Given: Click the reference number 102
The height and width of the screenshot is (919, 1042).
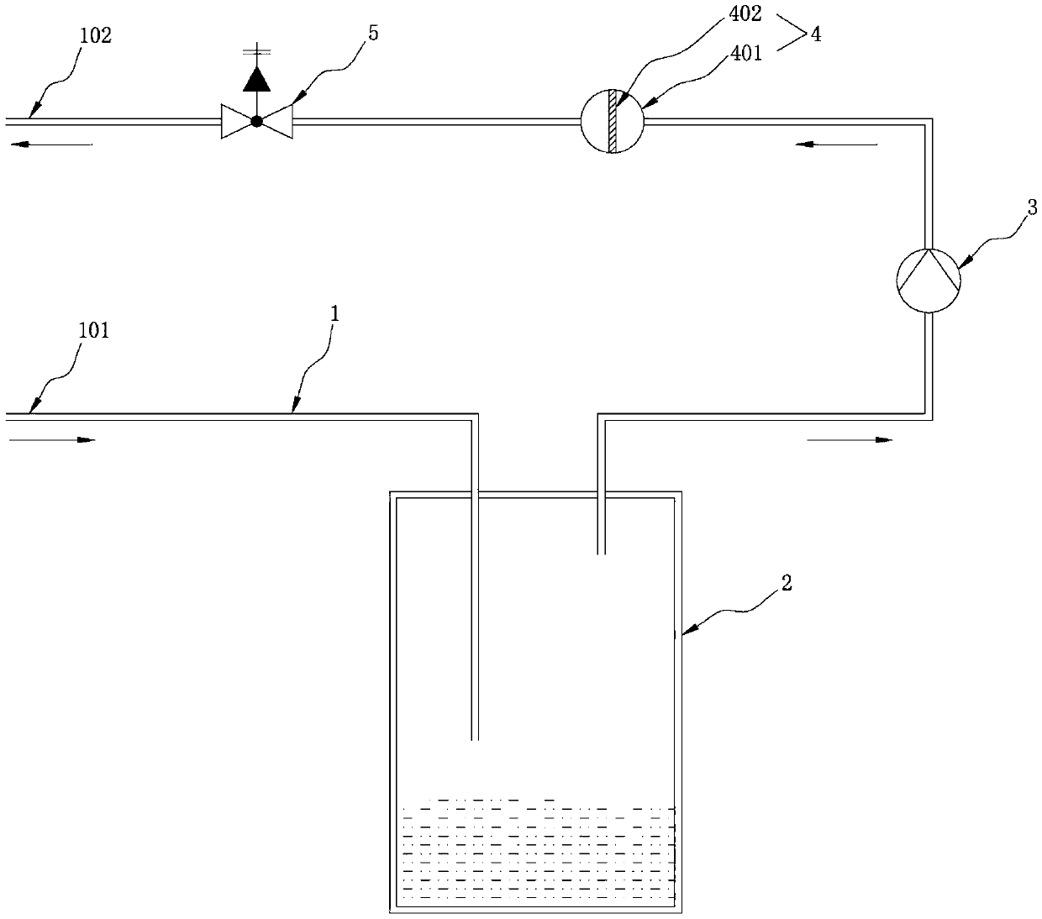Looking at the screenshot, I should pos(95,35).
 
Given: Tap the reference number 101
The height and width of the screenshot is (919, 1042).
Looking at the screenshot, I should pos(94,330).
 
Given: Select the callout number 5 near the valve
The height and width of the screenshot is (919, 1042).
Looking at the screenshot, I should pos(373,33).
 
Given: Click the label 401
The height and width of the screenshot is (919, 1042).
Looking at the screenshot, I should pos(746,54).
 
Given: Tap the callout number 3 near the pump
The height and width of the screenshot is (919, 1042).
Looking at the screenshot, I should pos(1032,207).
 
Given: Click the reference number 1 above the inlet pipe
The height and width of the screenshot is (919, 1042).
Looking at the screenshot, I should pos(334,314).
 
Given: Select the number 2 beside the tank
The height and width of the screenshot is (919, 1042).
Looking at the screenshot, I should pos(786,583).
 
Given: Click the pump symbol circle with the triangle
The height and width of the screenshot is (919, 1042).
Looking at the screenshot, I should pos(928,281).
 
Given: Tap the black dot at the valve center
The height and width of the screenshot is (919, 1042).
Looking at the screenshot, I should pos(256,121).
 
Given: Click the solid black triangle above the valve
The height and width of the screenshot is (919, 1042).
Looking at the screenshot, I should pos(256,79).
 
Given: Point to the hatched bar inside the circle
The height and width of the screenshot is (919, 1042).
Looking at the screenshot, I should pos(613,121).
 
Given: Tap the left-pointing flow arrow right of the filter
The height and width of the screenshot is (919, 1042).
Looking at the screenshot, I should pos(836,144).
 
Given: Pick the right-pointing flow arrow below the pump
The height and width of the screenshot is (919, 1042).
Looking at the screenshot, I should pos(850,439).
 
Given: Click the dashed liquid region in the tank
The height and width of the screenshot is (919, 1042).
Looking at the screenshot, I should pos(538,853).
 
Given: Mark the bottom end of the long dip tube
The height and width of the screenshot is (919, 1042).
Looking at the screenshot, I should pos(475,738).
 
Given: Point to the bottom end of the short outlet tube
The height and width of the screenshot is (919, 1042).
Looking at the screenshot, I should pos(601,553).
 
